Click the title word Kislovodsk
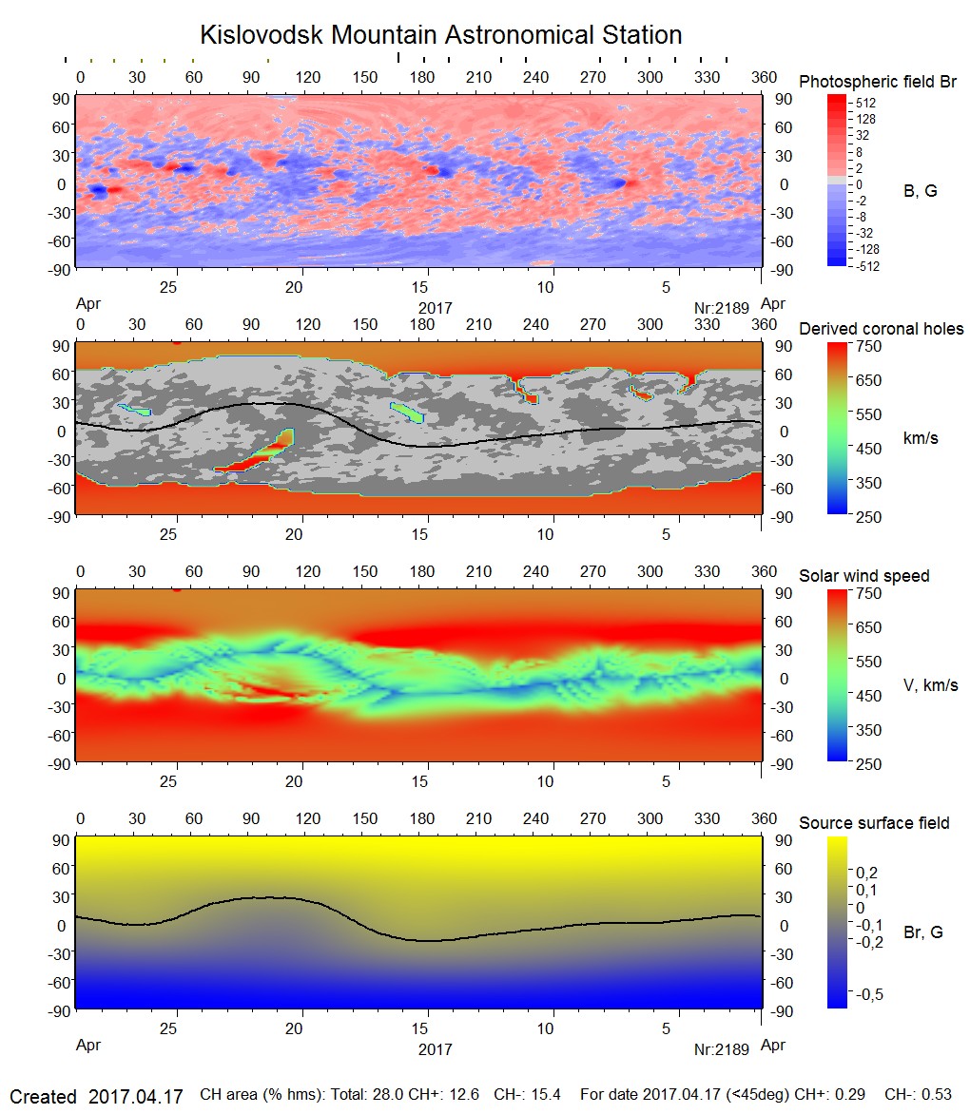coord(259,36)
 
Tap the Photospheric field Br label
coord(878,82)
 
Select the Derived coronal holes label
coord(882,329)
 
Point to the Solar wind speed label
coord(864,576)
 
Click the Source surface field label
coord(874,822)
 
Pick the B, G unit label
coord(920,191)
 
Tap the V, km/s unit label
coord(930,685)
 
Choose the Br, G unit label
coord(923,932)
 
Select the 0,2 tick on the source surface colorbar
coord(866,873)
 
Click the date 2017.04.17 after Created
coord(135,1096)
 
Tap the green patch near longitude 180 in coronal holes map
coord(408,412)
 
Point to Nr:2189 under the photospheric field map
coord(722,307)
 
